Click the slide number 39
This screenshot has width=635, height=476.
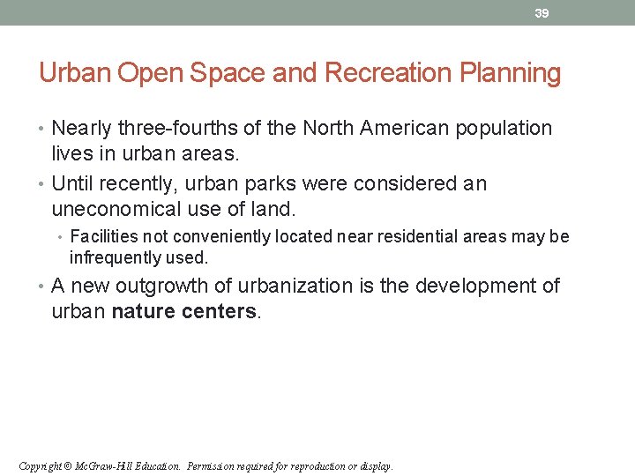tap(542, 13)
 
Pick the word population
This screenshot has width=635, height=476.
tap(504, 129)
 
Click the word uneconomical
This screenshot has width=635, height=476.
tap(117, 211)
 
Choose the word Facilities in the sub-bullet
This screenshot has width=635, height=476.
tap(100, 237)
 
